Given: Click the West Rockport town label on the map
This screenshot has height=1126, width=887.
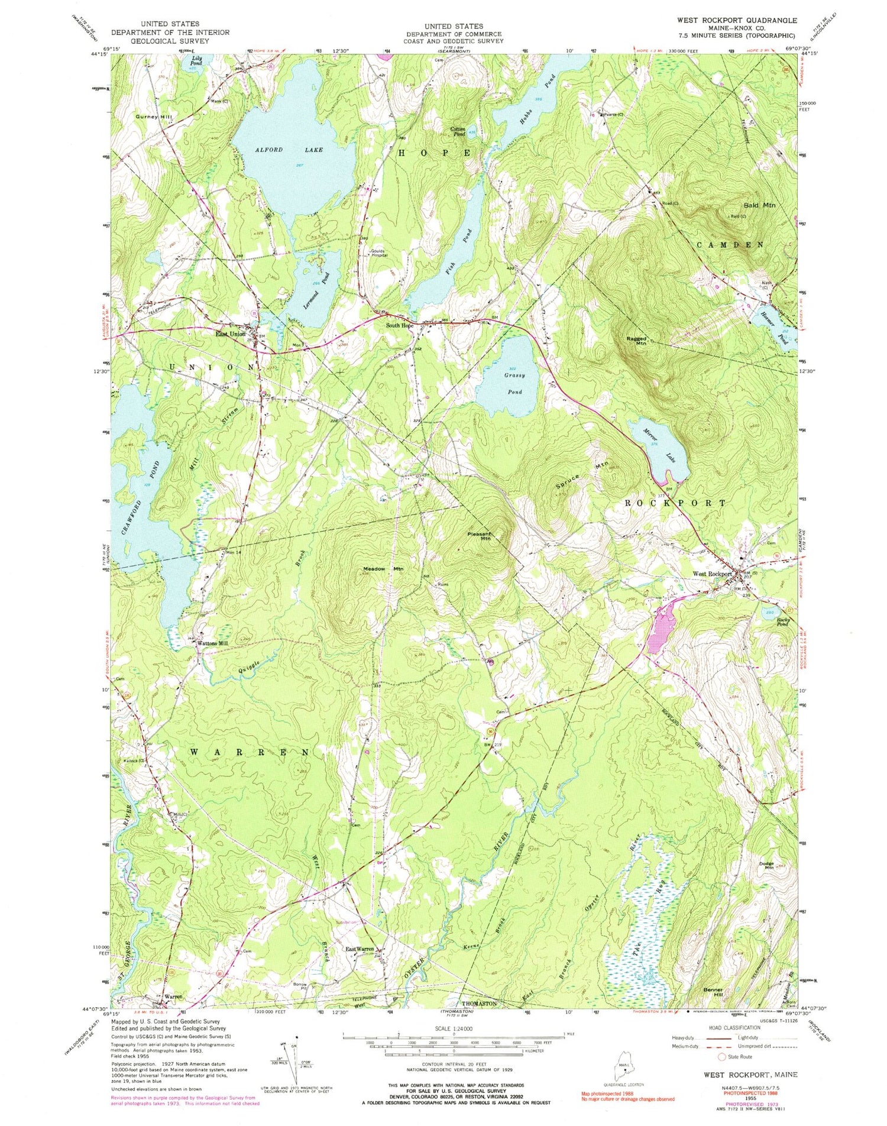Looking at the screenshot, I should [x=712, y=574].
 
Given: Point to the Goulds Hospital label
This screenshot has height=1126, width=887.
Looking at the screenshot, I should [x=378, y=253].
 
